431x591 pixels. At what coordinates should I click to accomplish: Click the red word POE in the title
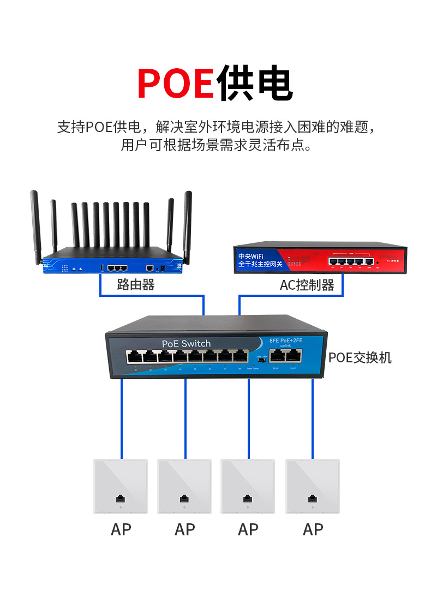[175, 82]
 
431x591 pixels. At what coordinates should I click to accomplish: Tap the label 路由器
[136, 284]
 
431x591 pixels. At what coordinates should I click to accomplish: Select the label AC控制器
[307, 285]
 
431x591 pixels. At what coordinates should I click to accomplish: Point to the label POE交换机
[360, 358]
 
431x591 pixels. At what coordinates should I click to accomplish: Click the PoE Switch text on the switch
[186, 343]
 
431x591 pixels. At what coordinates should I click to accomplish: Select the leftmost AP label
[121, 529]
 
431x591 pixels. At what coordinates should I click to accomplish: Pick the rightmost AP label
[313, 529]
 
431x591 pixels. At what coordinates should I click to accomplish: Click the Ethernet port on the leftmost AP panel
[120, 499]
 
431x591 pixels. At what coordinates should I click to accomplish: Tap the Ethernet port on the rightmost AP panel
[313, 499]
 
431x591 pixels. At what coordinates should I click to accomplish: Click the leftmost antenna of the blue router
[37, 224]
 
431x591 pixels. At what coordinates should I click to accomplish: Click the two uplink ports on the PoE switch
[286, 356]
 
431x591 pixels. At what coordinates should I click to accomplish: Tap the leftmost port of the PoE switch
[134, 357]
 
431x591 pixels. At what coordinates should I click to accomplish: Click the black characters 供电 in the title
[254, 82]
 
